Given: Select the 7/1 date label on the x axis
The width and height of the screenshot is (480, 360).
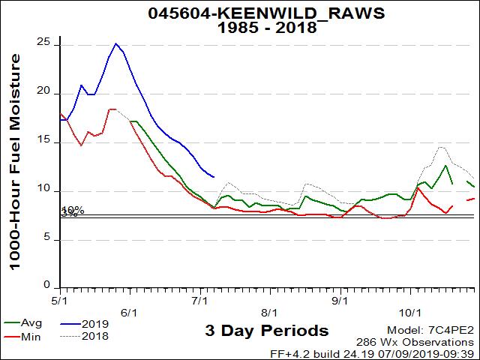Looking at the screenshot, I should tap(199, 311).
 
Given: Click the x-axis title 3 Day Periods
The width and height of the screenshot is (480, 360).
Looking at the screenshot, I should tap(265, 331).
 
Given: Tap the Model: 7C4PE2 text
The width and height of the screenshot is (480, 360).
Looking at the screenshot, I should tap(430, 331).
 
